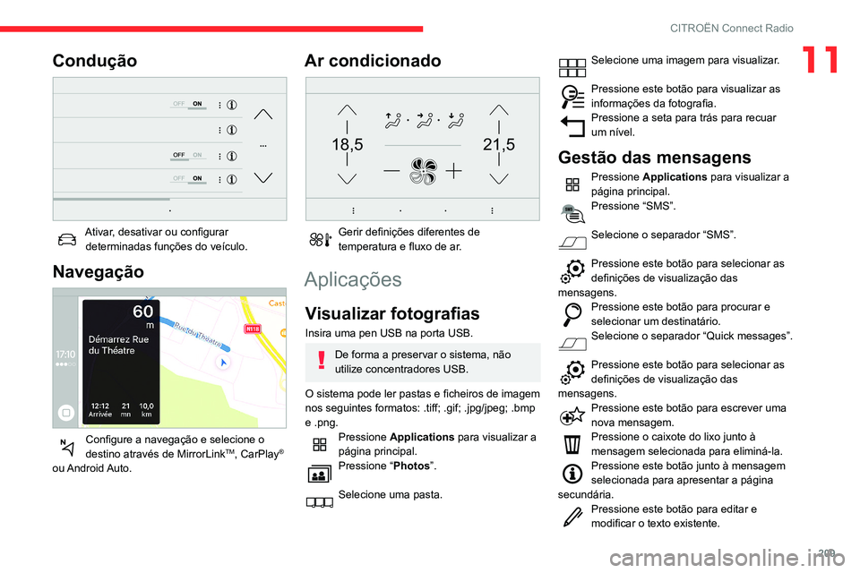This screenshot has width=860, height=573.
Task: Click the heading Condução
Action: pyautogui.click(x=95, y=61)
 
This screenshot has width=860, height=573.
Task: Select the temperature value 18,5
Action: pyautogui.click(x=347, y=143)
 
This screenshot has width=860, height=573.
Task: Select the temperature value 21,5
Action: pyautogui.click(x=498, y=143)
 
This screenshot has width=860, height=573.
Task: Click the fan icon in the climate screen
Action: pyautogui.click(x=421, y=171)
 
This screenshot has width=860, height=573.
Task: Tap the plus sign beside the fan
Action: pyautogui.click(x=455, y=170)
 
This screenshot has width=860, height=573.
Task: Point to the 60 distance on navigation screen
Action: pyautogui.click(x=142, y=312)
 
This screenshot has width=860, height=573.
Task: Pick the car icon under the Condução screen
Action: pyautogui.click(x=66, y=236)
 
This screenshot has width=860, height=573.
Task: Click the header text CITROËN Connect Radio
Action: pyautogui.click(x=731, y=28)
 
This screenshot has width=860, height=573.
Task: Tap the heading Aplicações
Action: pyautogui.click(x=353, y=279)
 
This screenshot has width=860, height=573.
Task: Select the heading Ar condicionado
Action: pyautogui.click(x=373, y=61)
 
